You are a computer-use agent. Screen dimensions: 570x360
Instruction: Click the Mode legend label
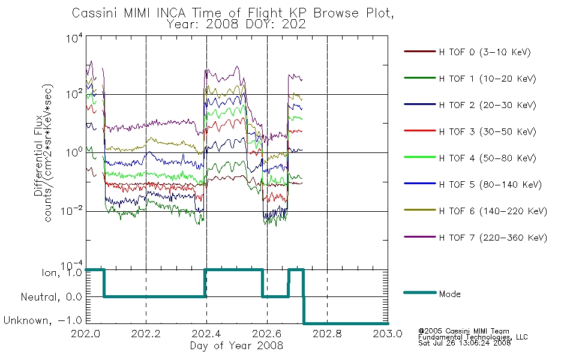[449, 294]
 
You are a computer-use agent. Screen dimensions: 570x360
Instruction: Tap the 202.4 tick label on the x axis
[206, 334]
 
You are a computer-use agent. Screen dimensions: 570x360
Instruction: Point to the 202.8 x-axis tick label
[327, 334]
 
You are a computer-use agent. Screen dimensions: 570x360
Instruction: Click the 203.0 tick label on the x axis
[388, 334]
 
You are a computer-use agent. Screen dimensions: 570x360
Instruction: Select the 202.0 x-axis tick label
[85, 334]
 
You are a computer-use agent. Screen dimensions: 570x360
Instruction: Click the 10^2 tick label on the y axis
[74, 94]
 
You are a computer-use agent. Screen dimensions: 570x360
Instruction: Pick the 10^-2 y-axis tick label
[72, 211]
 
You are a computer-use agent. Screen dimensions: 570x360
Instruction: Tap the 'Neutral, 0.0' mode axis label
[51, 297]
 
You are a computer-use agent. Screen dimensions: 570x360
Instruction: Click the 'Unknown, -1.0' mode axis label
[43, 320]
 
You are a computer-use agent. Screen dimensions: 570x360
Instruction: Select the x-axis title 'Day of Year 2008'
[236, 346]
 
